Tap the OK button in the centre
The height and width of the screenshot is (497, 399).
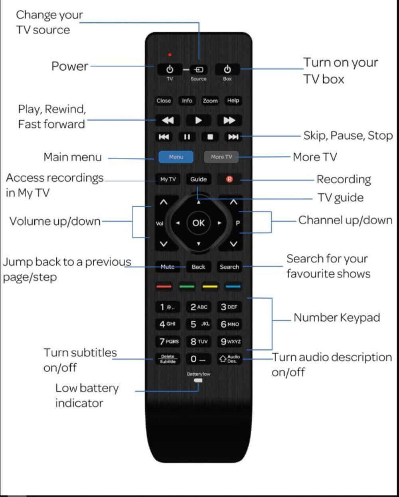click(x=198, y=223)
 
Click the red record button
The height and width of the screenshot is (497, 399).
click(x=229, y=179)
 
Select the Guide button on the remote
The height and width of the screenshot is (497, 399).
click(x=198, y=179)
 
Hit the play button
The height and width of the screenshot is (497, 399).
click(x=198, y=120)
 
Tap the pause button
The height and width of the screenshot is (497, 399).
click(x=187, y=137)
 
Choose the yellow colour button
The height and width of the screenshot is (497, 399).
click(x=210, y=287)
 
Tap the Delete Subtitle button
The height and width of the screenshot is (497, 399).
click(x=168, y=359)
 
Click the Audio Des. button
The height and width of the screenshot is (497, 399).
click(x=229, y=359)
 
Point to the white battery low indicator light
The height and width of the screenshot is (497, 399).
click(x=198, y=380)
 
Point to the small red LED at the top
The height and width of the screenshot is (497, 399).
click(x=170, y=55)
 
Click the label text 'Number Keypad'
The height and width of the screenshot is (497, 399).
click(x=336, y=318)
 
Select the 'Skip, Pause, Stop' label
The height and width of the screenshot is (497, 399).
click(x=348, y=136)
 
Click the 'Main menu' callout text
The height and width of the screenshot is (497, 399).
click(x=73, y=157)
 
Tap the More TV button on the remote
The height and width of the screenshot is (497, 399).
click(x=221, y=157)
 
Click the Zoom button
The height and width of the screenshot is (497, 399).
click(x=210, y=101)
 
